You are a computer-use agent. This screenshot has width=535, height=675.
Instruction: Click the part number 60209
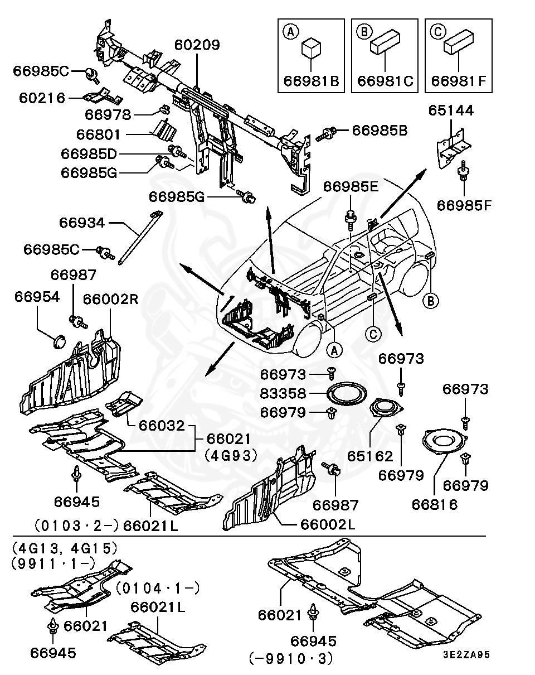click(x=197, y=45)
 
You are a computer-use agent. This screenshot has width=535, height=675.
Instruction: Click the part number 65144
click(x=451, y=111)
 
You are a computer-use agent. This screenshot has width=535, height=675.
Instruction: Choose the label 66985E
click(x=351, y=187)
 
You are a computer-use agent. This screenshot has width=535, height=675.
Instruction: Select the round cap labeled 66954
click(x=58, y=340)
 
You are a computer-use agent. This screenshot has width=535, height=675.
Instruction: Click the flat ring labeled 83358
click(x=347, y=394)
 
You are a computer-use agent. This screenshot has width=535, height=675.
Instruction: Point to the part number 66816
click(x=435, y=504)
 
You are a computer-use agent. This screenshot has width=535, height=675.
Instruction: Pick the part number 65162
click(x=370, y=456)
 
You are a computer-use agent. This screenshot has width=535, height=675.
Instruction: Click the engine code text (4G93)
click(x=231, y=455)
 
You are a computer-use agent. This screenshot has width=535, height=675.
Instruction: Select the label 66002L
click(x=328, y=524)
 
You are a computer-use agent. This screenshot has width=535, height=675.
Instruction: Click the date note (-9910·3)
click(x=291, y=659)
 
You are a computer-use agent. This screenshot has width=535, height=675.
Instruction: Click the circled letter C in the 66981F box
click(x=437, y=32)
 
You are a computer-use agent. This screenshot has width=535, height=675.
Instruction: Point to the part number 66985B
click(x=380, y=131)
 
